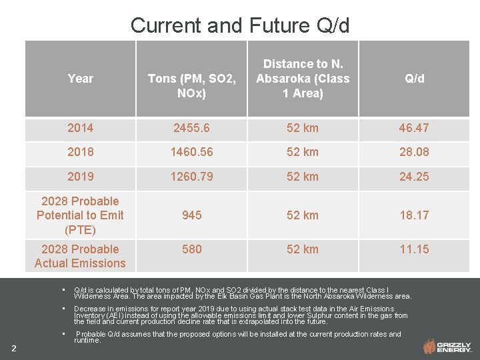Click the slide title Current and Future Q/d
coord(240,25)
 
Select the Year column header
coord(80,79)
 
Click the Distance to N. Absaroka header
coord(303,79)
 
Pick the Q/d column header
coord(414,79)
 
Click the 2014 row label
coord(80,128)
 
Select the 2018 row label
coord(80,152)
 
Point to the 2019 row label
coord(80,177)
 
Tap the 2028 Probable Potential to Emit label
coord(80,215)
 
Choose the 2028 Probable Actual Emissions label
coord(80,256)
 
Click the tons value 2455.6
coord(192,128)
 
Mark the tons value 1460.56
coord(192,152)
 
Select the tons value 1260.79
coord(192,177)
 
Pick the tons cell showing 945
coord(192,215)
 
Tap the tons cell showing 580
coord(192,249)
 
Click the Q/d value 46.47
coord(414,128)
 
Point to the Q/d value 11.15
coord(414,249)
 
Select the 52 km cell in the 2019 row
coord(303,177)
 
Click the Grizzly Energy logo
coord(447,346)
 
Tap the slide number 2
coord(14,347)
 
